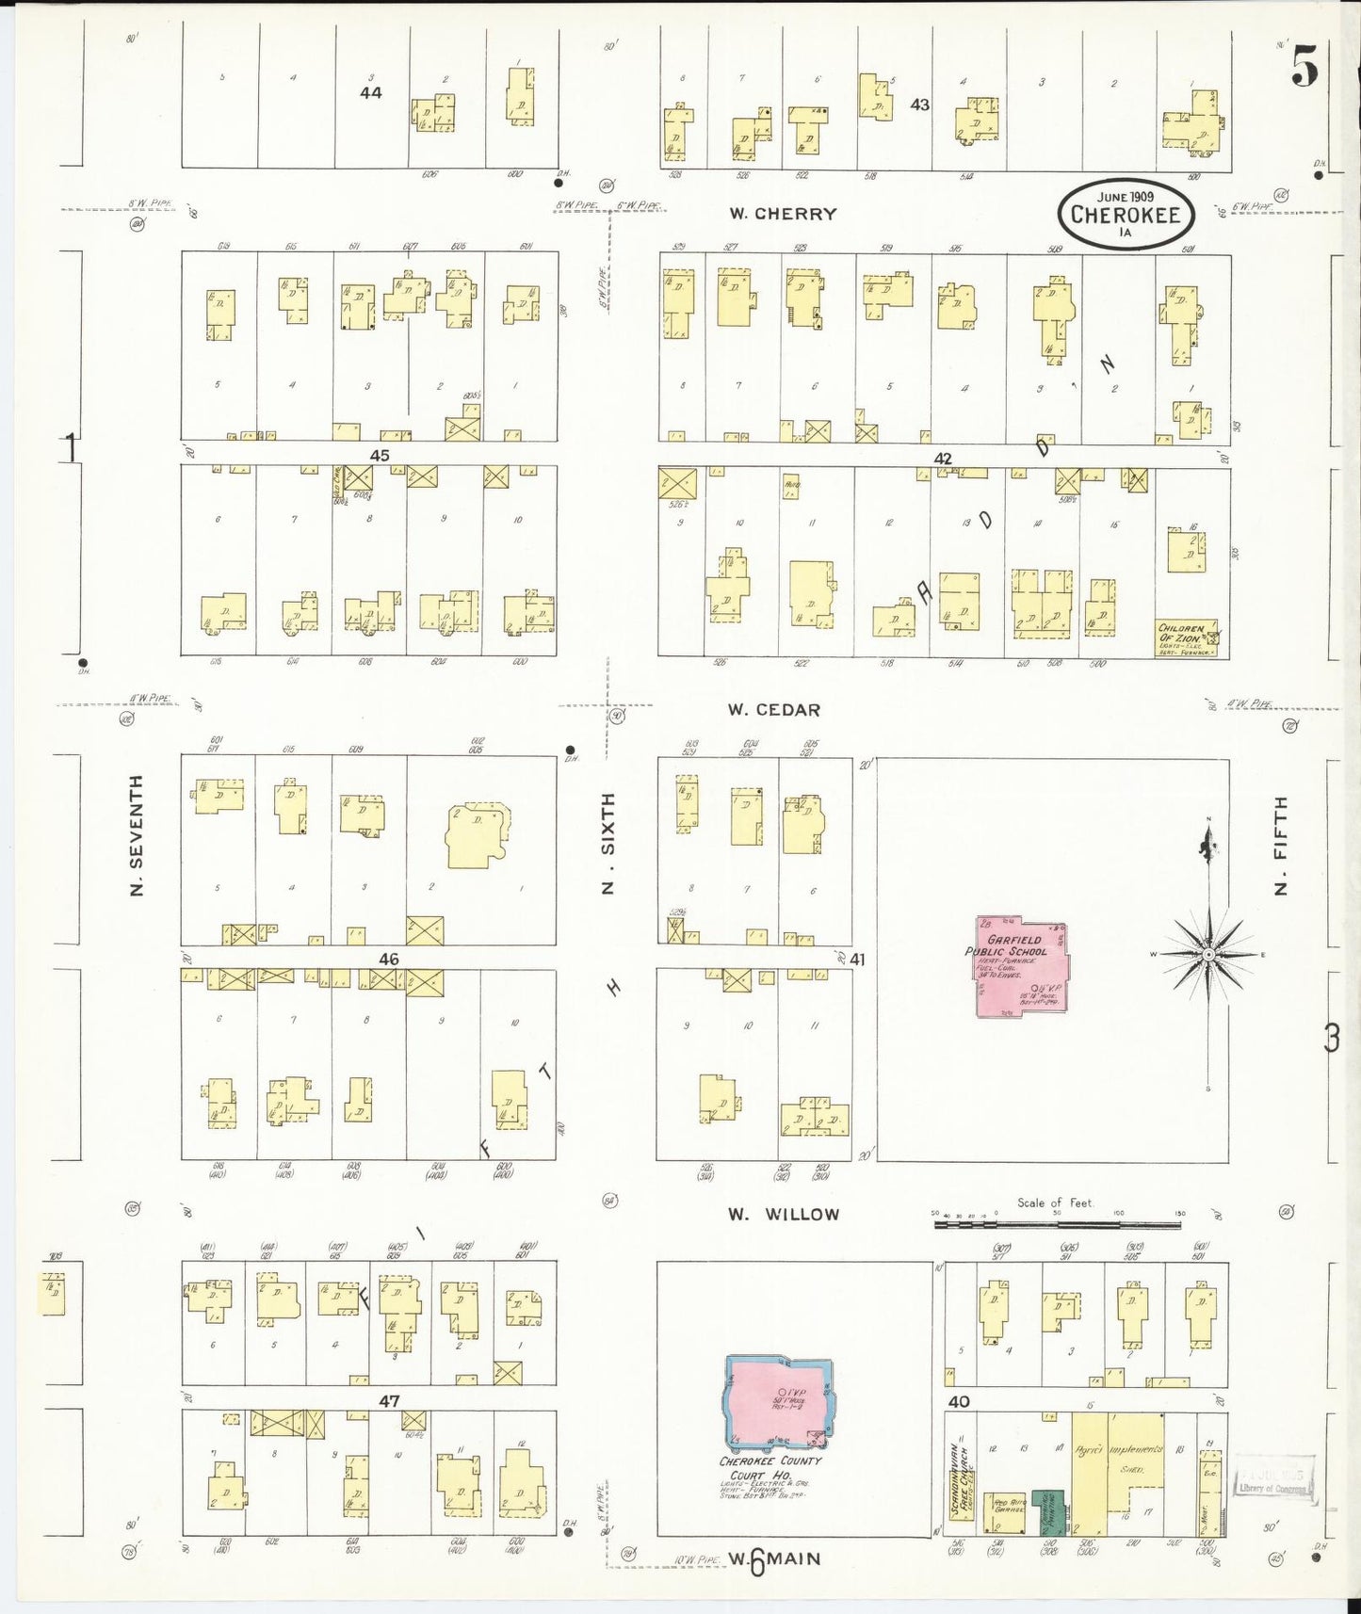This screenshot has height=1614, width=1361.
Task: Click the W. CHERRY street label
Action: click(x=783, y=214)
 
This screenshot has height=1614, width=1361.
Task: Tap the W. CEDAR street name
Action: click(x=773, y=710)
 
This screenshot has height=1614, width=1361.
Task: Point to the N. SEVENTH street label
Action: click(x=138, y=835)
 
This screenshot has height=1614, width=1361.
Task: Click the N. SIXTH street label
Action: click(x=608, y=843)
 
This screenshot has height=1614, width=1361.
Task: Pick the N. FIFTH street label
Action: click(x=1280, y=846)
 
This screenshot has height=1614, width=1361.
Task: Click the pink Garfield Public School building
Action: click(x=1020, y=966)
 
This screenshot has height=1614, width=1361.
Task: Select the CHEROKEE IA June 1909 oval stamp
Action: click(x=1125, y=215)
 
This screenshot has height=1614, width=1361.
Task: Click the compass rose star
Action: click(x=1208, y=954)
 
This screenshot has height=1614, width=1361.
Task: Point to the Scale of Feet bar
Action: click(x=1057, y=1224)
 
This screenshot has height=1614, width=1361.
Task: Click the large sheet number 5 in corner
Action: click(x=1304, y=66)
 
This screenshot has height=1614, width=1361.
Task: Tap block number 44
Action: click(x=370, y=92)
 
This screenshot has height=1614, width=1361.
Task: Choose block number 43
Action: click(x=919, y=105)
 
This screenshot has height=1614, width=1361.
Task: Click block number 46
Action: click(x=388, y=959)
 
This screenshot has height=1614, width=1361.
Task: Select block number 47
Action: click(x=389, y=1401)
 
